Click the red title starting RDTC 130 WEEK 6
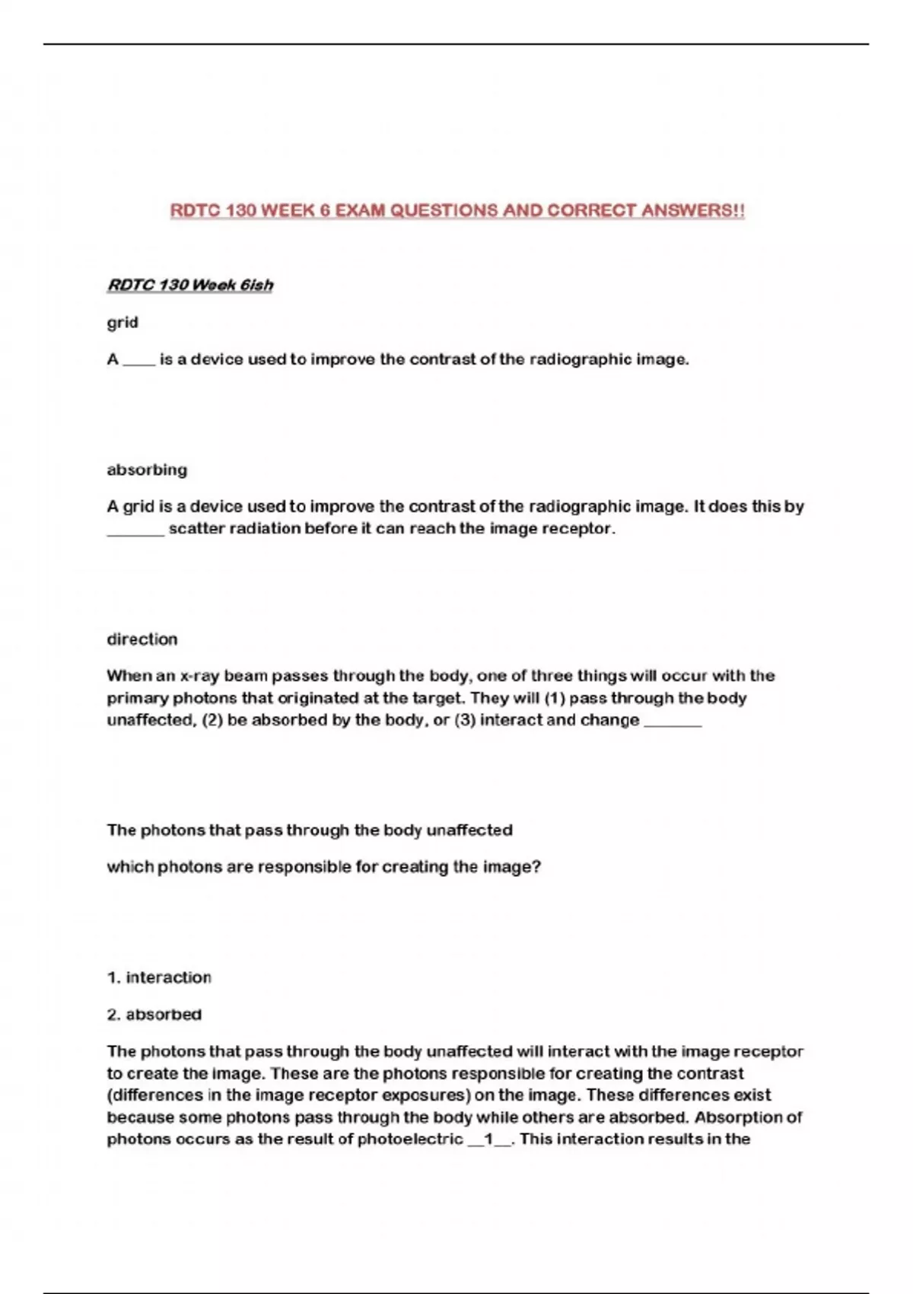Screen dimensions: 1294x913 tap(456, 210)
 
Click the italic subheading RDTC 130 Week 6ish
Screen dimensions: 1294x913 tap(189, 285)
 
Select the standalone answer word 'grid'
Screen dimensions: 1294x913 tap(122, 322)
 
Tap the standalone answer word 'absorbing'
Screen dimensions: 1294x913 tap(147, 470)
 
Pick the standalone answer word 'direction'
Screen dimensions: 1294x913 tap(142, 639)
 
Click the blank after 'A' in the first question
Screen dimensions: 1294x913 tap(138, 361)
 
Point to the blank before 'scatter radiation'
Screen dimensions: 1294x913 tap(135, 530)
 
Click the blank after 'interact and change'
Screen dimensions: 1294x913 tap(673, 722)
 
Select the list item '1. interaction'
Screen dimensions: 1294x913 tap(159, 977)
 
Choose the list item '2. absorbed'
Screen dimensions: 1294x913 tap(154, 1015)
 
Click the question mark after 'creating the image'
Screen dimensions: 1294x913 tap(537, 867)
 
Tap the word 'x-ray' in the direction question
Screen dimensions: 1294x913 tap(199, 676)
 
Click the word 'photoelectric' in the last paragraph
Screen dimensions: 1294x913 tap(410, 1139)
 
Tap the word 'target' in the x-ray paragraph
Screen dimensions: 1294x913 tap(437, 698)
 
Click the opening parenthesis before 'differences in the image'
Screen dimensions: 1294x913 tap(110, 1095)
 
